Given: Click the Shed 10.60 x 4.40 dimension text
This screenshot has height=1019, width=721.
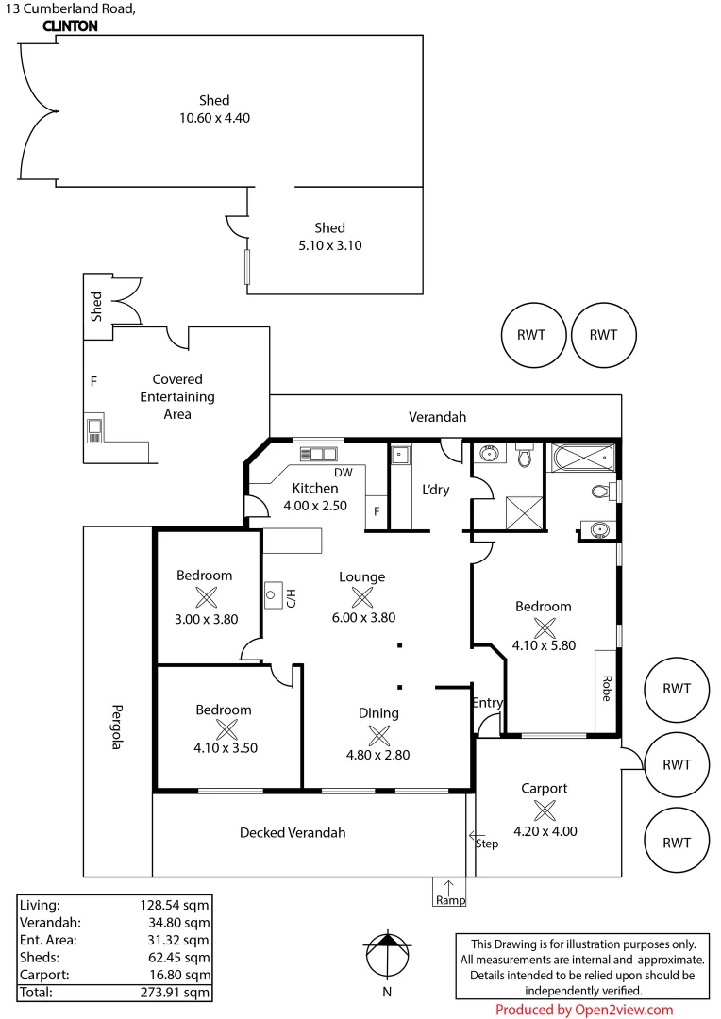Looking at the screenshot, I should [214, 118].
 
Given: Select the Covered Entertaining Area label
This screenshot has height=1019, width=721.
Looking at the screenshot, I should [177, 396].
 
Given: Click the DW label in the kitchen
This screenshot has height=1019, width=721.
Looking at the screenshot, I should [343, 473].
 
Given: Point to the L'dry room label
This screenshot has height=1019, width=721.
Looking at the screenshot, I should [435, 490].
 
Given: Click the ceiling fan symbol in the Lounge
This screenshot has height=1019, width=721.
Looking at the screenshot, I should [361, 597].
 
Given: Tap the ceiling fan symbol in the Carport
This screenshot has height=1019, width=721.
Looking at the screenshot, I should [545, 810].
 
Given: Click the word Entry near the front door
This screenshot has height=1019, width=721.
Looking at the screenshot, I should [487, 703].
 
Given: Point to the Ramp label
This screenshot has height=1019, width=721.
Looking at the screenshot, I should [449, 900].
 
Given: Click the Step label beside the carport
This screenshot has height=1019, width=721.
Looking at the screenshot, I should [487, 844].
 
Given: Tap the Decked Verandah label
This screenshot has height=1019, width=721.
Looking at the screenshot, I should [293, 832].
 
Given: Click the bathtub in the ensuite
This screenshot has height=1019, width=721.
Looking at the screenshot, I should [582, 461].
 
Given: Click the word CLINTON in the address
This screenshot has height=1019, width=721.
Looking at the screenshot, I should [70, 26].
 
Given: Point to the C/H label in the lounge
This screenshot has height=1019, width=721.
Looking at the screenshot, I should [292, 596].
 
